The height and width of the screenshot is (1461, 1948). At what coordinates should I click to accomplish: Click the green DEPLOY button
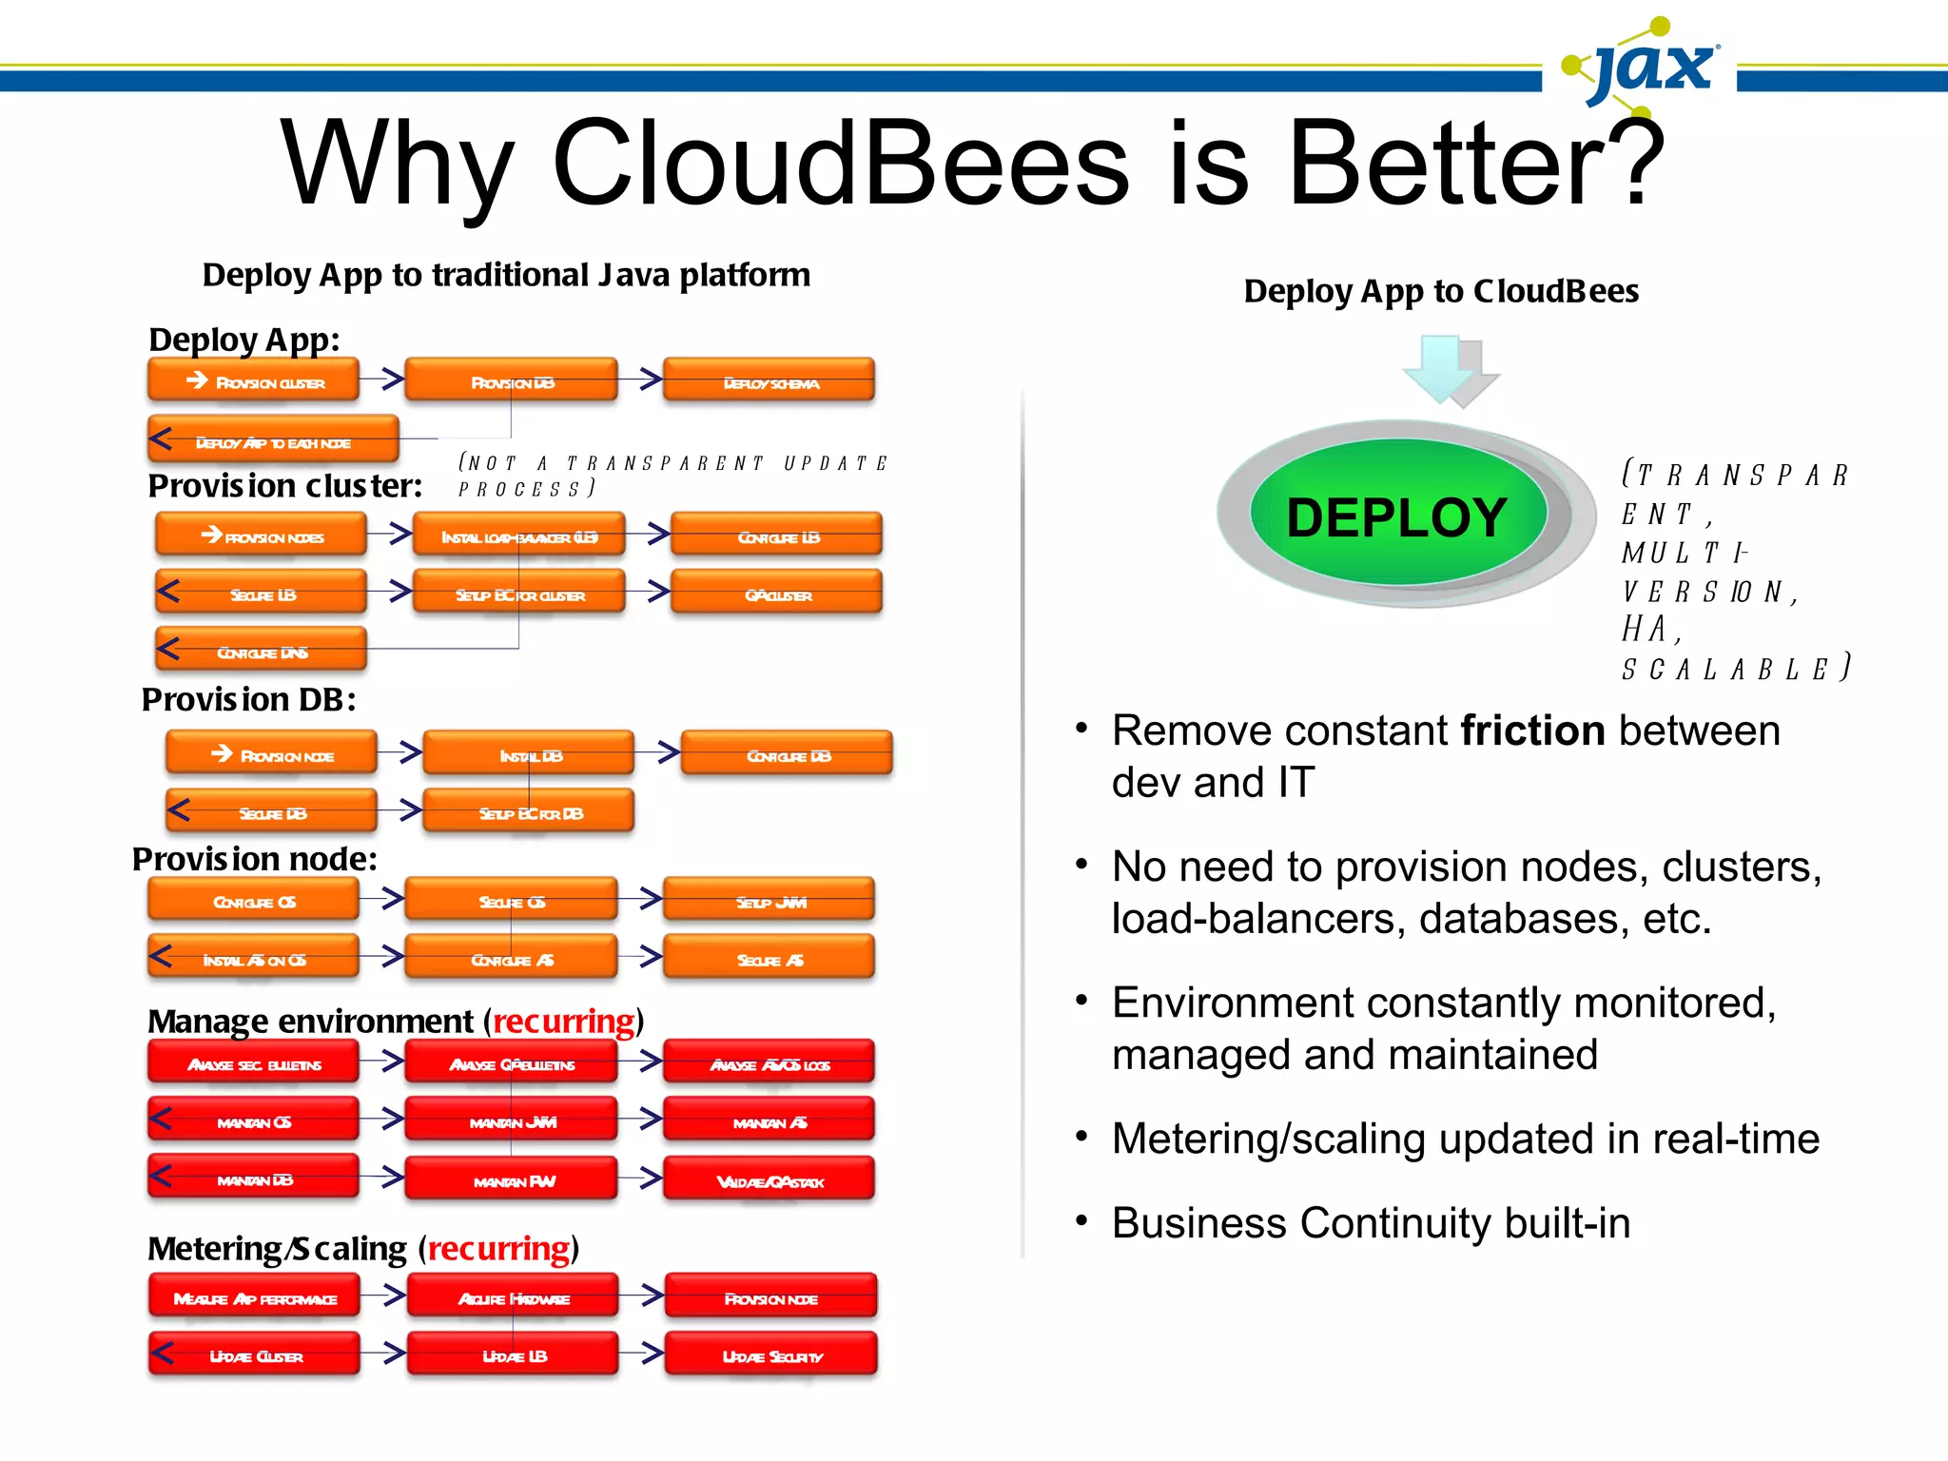(x=1396, y=516)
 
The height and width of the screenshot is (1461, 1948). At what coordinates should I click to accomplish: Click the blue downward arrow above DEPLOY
(x=1440, y=369)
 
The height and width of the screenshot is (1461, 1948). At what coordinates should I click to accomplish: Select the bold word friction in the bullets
(x=1532, y=730)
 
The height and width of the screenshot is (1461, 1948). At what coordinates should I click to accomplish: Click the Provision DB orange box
(x=512, y=381)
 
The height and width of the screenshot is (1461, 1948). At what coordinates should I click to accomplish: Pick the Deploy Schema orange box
(x=769, y=382)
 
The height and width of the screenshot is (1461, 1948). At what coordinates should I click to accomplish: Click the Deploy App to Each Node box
(x=274, y=441)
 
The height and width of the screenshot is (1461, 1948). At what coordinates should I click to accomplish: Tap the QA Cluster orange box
(x=777, y=594)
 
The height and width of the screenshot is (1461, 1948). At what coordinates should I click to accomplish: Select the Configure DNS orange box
(x=262, y=652)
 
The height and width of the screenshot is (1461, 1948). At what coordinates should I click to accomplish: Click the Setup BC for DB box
(x=529, y=812)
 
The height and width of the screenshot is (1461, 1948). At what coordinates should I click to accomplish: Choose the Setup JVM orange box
(x=769, y=901)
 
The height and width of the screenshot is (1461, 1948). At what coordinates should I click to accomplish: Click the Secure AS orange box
(x=769, y=959)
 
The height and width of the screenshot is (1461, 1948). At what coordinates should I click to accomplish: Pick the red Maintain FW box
(x=512, y=1180)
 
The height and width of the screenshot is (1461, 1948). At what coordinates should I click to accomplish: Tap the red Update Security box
(x=770, y=1355)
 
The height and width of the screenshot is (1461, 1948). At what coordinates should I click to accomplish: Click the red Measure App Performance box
(x=254, y=1297)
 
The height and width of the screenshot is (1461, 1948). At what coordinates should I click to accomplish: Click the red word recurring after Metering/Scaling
(x=498, y=1248)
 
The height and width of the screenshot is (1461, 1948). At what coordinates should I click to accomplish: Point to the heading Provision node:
(x=254, y=859)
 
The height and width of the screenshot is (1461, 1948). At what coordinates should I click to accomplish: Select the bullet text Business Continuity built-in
(x=1371, y=1223)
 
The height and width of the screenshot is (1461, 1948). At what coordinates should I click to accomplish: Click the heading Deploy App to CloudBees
(x=1441, y=291)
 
